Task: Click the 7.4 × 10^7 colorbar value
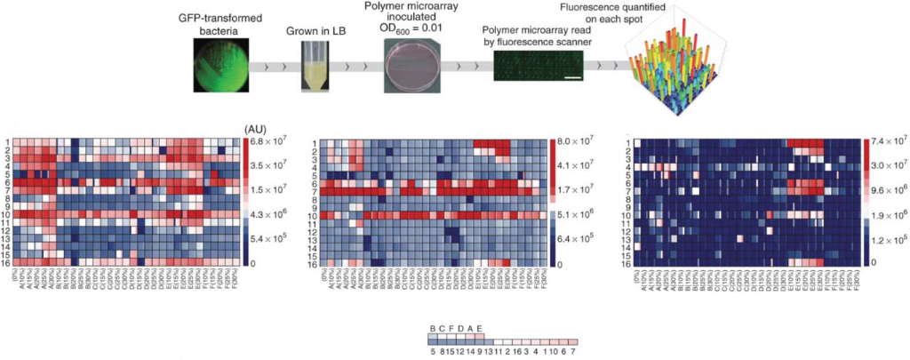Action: tap(889, 141)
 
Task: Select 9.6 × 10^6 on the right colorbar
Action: tap(889, 190)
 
